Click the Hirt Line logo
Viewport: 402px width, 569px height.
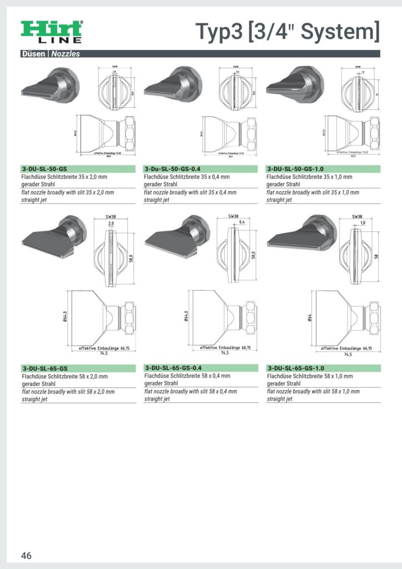(52, 32)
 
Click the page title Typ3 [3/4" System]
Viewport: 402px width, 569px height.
(288, 32)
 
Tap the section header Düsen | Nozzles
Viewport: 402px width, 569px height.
(51, 54)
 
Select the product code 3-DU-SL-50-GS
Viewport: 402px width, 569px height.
(45, 168)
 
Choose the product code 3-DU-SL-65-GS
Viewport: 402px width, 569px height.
(45, 368)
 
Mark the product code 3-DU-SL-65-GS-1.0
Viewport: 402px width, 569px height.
(296, 368)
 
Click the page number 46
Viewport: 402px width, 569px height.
(26, 556)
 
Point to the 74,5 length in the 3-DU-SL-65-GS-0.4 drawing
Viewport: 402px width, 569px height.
(224, 353)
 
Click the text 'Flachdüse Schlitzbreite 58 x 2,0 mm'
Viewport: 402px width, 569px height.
(65, 376)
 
